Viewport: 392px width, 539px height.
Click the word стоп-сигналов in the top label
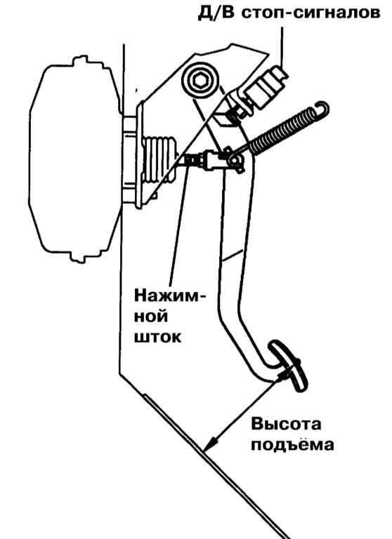pos(310,13)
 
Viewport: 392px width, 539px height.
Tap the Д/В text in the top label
pos(216,13)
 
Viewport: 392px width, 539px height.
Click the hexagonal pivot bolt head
pos(200,81)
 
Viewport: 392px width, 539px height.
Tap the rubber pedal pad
pos(289,365)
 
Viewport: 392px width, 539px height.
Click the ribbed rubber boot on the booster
pos(159,159)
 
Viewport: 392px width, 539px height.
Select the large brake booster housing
pos(76,160)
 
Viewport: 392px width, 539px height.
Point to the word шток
pos(157,337)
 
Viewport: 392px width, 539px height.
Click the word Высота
pos(286,424)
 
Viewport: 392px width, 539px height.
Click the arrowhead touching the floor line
pos(209,444)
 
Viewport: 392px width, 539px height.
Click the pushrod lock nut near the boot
pos(191,160)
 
